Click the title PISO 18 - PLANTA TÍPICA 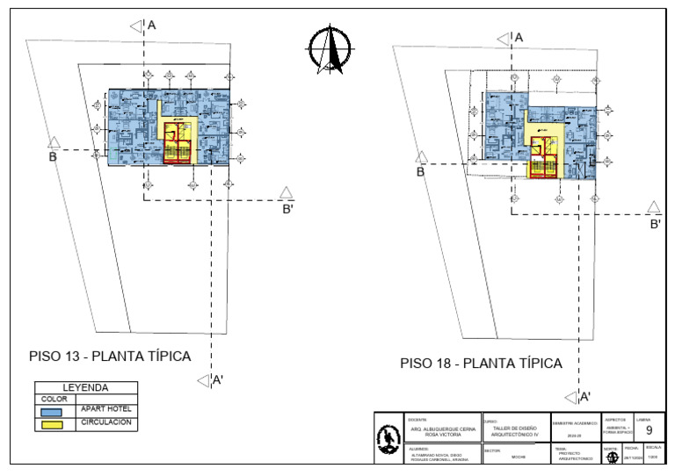[x=481, y=363]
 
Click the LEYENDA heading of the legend [x=85, y=387]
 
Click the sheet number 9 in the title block [x=649, y=431]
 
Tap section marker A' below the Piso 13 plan [x=210, y=380]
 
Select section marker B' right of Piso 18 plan [x=655, y=214]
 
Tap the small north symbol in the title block [x=611, y=456]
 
